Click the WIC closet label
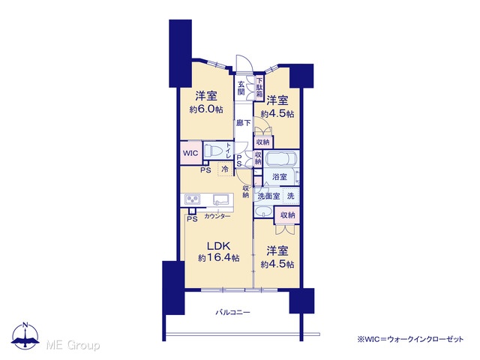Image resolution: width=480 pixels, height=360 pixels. [190, 153]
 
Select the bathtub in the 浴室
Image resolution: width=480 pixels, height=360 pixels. [281, 159]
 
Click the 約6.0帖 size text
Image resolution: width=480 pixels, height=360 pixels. [206, 109]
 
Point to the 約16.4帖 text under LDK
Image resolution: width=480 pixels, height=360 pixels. [218, 258]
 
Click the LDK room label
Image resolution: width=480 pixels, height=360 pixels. [218, 246]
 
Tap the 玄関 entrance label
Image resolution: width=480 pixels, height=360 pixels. [241, 88]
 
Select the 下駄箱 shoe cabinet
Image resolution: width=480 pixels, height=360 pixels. [259, 88]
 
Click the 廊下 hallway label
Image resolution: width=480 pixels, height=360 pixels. [243, 123]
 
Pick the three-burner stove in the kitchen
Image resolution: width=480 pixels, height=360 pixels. [193, 200]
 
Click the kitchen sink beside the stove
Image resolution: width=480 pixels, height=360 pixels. [221, 199]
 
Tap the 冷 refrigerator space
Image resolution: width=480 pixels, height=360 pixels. [225, 169]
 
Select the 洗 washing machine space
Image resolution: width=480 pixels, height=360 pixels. [290, 196]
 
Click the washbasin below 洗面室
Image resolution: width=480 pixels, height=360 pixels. [263, 211]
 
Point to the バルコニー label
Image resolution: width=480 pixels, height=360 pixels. [233, 313]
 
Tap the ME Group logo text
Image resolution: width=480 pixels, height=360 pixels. [73, 345]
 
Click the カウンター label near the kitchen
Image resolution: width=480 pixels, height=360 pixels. [217, 217]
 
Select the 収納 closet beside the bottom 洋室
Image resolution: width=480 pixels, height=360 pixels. [287, 215]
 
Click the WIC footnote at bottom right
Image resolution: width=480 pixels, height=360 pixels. [410, 339]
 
